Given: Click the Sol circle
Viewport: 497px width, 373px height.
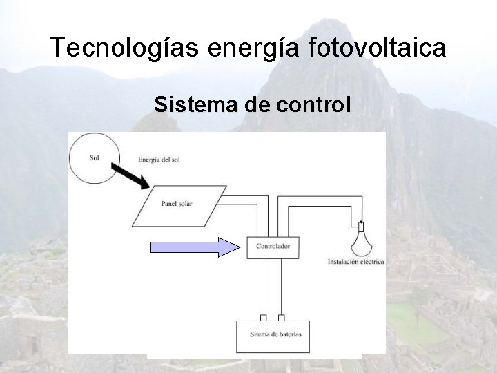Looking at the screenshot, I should click(x=95, y=158).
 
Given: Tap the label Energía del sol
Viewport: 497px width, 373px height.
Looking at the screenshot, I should click(x=158, y=160).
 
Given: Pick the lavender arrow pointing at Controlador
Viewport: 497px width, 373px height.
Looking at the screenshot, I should click(x=193, y=246).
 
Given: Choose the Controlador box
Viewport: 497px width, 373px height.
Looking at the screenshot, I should click(x=273, y=246).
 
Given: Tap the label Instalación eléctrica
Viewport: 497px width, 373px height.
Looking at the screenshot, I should click(x=353, y=262).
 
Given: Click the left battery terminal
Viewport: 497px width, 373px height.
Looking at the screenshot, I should click(x=263, y=318).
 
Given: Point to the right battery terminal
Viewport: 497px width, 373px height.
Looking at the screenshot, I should click(x=281, y=318).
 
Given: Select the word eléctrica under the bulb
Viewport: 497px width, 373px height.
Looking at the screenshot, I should click(x=371, y=262).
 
